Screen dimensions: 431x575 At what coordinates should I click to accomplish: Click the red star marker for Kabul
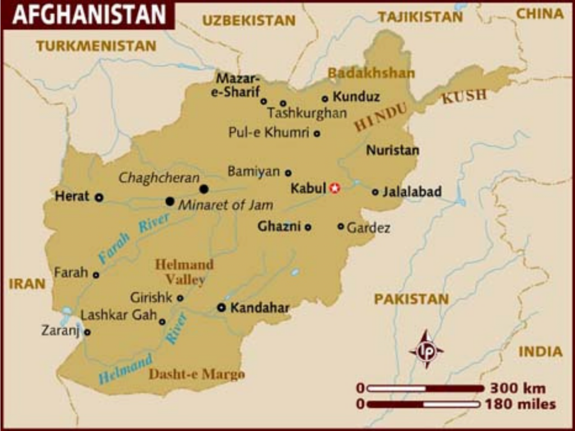click(335, 189)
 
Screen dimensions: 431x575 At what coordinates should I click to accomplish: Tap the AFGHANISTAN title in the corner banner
click(89, 15)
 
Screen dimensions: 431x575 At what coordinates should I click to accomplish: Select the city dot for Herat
click(99, 197)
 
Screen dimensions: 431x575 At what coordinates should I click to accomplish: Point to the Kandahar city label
click(260, 308)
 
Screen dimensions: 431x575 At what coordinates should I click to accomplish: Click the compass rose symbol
click(426, 349)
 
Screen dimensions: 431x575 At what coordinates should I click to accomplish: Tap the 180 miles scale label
click(521, 404)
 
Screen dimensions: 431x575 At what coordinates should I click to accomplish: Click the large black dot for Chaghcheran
click(204, 189)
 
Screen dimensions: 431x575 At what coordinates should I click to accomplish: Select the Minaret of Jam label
click(226, 205)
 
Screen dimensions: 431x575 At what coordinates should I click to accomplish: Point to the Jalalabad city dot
click(375, 192)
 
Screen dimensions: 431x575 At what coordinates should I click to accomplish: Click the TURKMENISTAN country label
click(96, 46)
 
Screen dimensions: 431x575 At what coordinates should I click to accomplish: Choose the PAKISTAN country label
click(412, 299)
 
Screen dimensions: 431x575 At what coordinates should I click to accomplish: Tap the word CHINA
click(540, 14)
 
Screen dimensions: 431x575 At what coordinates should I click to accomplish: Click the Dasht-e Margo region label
click(197, 374)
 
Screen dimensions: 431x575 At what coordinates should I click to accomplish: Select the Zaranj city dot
click(87, 332)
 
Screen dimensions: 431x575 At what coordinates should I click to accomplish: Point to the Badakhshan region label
click(371, 73)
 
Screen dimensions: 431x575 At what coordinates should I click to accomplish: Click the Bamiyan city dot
click(288, 173)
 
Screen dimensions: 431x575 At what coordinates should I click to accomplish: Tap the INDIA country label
click(540, 352)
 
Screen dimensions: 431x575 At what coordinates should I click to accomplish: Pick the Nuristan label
click(393, 150)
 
